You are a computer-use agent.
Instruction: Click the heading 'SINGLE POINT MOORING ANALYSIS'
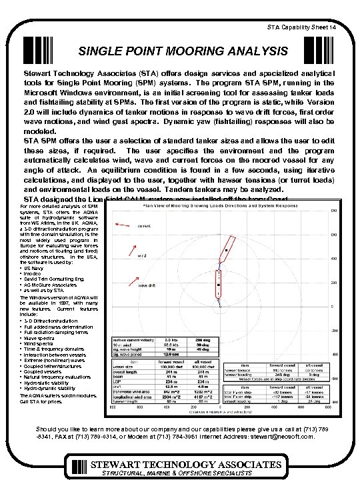(183, 51)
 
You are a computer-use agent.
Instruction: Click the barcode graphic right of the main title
(317, 51)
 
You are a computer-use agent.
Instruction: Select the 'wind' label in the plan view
(142, 255)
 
